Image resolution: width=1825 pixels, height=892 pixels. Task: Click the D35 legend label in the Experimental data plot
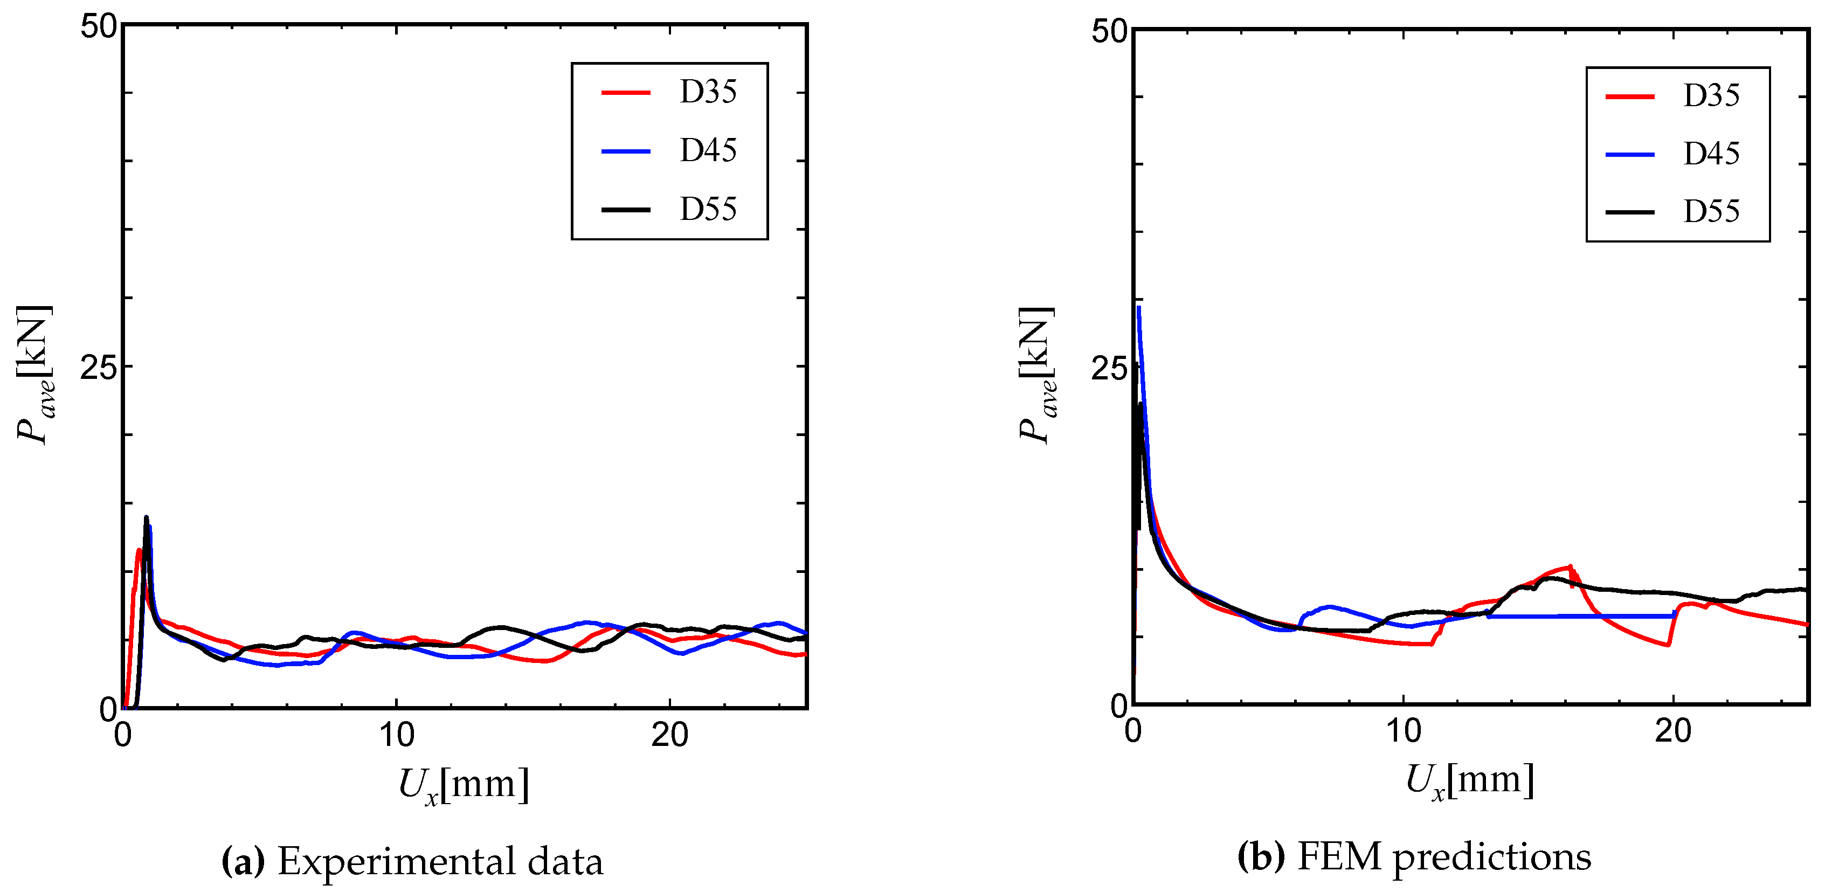(708, 92)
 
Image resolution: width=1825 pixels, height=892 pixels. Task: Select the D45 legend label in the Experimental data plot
(708, 151)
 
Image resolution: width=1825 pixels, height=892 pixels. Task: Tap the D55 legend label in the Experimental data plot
(708, 210)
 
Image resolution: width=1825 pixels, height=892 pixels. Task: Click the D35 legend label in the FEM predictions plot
(1711, 95)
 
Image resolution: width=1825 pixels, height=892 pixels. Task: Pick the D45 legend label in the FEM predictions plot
(1711, 154)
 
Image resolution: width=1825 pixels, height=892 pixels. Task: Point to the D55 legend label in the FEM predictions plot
(1711, 212)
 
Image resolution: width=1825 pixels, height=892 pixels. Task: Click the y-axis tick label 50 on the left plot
(98, 27)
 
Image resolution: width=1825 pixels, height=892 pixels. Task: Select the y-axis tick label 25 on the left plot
(98, 368)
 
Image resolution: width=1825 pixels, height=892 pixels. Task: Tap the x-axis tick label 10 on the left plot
(396, 735)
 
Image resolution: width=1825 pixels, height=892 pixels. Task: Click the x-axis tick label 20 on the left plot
(669, 735)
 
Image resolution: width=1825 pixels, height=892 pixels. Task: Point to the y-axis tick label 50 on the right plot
(1109, 32)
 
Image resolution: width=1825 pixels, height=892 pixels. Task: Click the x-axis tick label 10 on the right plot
(1403, 732)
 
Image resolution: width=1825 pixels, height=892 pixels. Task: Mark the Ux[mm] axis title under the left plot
(464, 785)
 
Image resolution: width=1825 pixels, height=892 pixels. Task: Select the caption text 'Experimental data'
(440, 861)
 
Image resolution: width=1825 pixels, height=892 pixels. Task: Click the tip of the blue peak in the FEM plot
(1138, 308)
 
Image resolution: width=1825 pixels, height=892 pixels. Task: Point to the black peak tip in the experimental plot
(146, 517)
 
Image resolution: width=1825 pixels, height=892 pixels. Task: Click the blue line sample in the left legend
(626, 151)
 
